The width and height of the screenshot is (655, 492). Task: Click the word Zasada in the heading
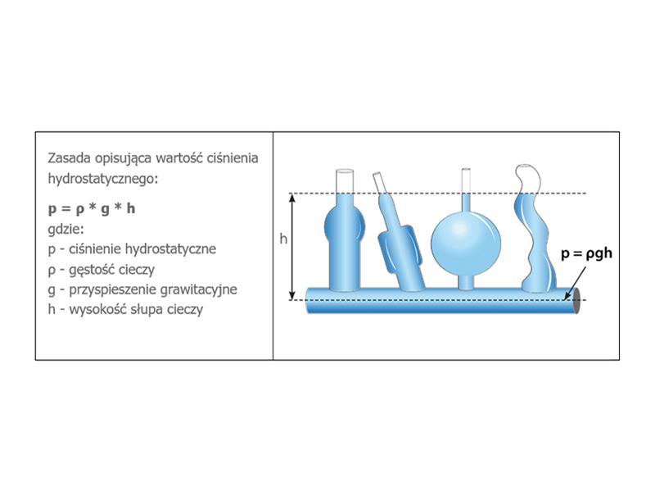click(x=70, y=158)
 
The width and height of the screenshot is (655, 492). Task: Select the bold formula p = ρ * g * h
click(x=92, y=208)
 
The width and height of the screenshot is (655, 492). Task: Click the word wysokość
click(x=99, y=310)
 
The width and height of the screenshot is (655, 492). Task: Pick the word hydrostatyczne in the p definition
click(x=170, y=249)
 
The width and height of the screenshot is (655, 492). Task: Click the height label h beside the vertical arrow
click(x=283, y=239)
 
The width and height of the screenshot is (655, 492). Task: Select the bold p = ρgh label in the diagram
click(x=586, y=253)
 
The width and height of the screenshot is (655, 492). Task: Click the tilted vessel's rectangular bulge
click(x=400, y=249)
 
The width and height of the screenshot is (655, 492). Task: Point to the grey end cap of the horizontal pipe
click(x=576, y=300)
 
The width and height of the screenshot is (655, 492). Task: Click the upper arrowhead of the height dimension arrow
click(x=292, y=198)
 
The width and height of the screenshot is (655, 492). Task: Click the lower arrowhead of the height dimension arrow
click(x=292, y=295)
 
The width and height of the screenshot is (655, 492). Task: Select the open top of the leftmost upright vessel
click(x=345, y=171)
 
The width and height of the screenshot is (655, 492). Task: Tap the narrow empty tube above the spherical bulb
click(x=466, y=180)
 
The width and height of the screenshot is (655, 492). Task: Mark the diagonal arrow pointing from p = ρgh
click(x=575, y=283)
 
